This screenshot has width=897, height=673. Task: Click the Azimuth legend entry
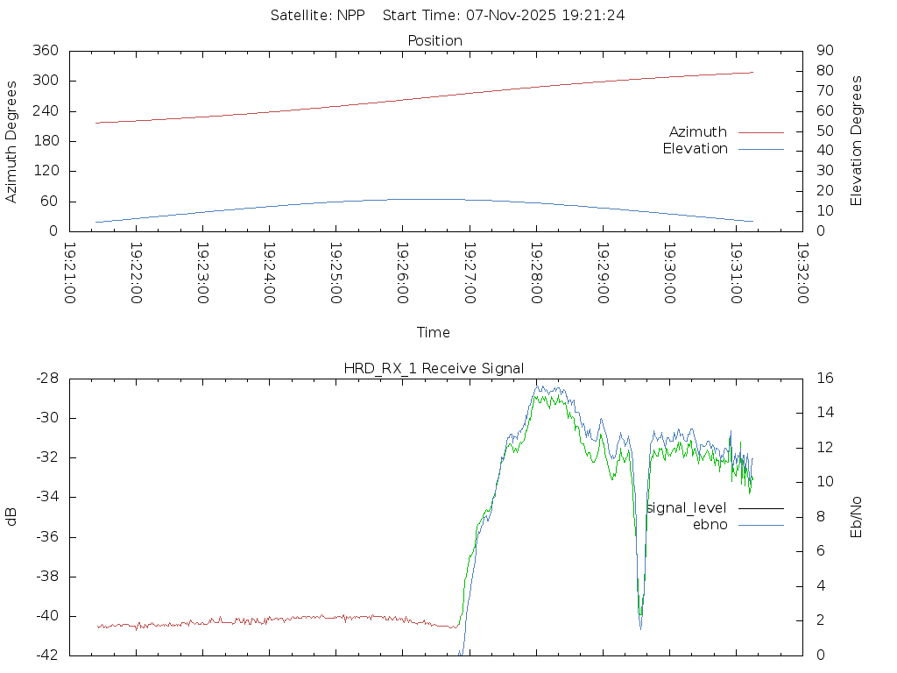point(698,132)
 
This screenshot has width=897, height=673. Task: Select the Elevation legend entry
point(695,149)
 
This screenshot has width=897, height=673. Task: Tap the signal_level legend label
point(686,508)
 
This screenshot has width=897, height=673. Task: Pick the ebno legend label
point(710,525)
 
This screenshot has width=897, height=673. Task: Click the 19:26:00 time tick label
point(402,273)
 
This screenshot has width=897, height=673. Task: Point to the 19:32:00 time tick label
point(802,273)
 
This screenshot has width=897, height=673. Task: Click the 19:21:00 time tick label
point(69,273)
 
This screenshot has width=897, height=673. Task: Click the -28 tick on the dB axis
point(46,379)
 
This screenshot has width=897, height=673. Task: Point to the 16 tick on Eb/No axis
point(824,379)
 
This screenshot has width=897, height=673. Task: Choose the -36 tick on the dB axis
point(46,537)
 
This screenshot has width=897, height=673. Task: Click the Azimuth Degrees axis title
point(11,141)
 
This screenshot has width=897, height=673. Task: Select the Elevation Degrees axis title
point(857,141)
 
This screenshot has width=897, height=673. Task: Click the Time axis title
point(434,332)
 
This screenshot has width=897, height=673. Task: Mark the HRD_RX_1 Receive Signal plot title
point(434,368)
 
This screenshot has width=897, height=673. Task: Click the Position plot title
point(435,40)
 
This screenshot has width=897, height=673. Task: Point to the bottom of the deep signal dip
point(640,626)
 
